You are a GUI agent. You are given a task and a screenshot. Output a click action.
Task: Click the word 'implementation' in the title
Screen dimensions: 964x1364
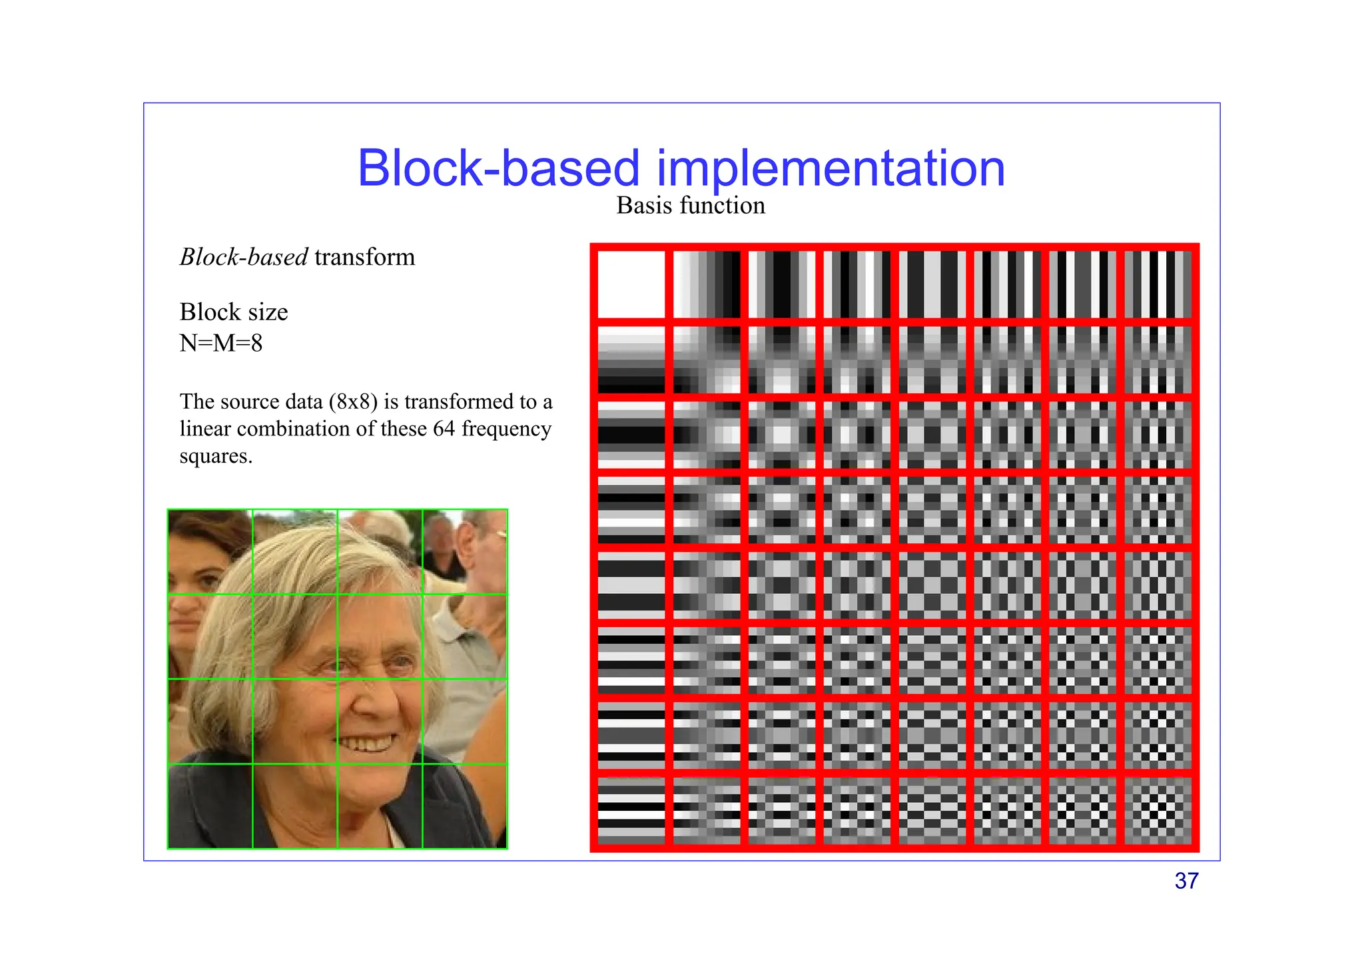coord(831,168)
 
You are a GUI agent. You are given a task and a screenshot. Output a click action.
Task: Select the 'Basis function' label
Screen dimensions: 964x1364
coord(691,206)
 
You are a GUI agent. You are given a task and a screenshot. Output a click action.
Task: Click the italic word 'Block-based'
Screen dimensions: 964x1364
coord(244,257)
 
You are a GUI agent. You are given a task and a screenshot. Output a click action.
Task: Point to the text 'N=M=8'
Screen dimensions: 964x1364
coord(221,344)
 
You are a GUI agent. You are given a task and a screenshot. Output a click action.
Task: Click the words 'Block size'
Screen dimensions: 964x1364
coord(234,312)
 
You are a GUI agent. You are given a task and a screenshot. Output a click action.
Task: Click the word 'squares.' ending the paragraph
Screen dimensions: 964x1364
coord(216,457)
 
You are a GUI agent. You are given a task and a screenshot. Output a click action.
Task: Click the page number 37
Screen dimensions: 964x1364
coord(1186,881)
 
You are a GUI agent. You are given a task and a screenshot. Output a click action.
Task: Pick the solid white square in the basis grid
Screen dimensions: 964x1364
coord(631,284)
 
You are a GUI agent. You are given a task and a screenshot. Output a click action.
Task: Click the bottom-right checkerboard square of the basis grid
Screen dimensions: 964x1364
coord(1158,811)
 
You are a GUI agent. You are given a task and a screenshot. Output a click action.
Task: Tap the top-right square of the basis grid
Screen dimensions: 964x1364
coord(1158,284)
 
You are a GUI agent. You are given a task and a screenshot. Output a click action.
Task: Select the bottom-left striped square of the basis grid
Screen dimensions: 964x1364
coord(631,811)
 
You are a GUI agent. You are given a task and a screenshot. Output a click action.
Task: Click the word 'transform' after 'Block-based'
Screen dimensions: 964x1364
coord(364,257)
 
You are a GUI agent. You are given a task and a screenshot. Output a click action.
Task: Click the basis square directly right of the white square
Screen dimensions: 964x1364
coord(706,284)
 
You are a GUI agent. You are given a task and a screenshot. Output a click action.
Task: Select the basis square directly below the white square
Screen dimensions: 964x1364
coord(631,360)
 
